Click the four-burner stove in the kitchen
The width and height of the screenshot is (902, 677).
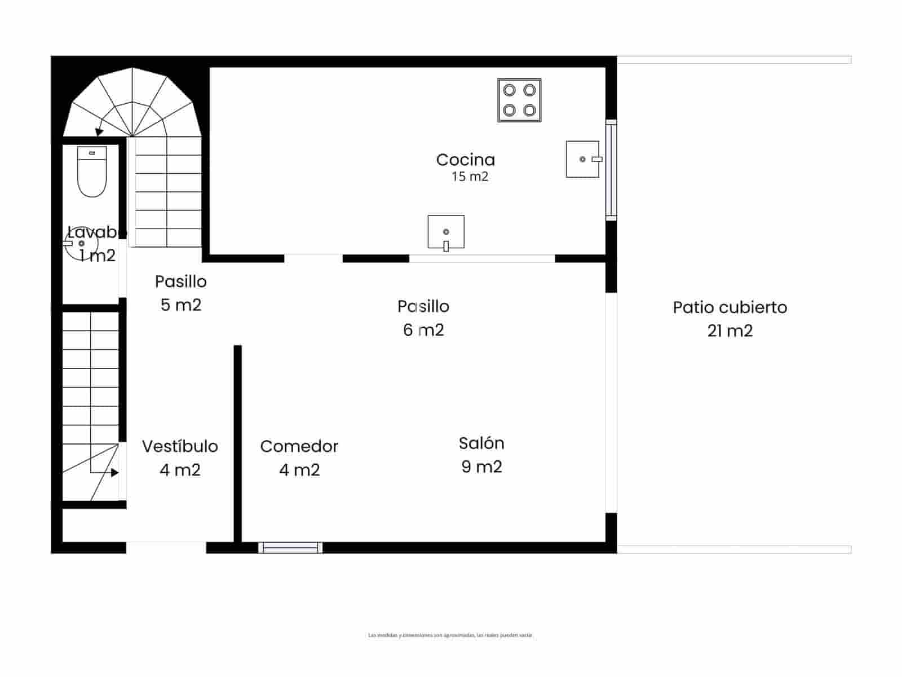[519, 100]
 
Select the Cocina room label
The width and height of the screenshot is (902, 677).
[465, 160]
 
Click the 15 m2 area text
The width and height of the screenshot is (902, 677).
[469, 177]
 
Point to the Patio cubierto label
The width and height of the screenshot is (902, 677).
[729, 307]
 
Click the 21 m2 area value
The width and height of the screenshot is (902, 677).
[729, 331]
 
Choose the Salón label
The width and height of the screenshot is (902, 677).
[481, 443]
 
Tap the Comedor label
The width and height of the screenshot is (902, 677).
[299, 446]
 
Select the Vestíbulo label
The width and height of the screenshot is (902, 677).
[180, 446]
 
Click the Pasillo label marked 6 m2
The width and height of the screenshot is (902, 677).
[423, 306]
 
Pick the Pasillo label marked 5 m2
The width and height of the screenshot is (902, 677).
[180, 282]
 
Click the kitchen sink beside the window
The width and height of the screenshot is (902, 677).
[583, 159]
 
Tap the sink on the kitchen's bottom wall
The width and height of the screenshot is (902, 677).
[445, 232]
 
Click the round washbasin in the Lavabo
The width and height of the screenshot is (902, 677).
[81, 244]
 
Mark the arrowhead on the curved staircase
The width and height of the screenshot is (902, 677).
[99, 132]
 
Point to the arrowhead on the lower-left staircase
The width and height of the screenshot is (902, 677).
[114, 473]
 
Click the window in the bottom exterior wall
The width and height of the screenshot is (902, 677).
[290, 547]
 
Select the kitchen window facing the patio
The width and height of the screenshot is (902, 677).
[611, 169]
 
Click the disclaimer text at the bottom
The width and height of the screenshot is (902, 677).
[450, 635]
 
